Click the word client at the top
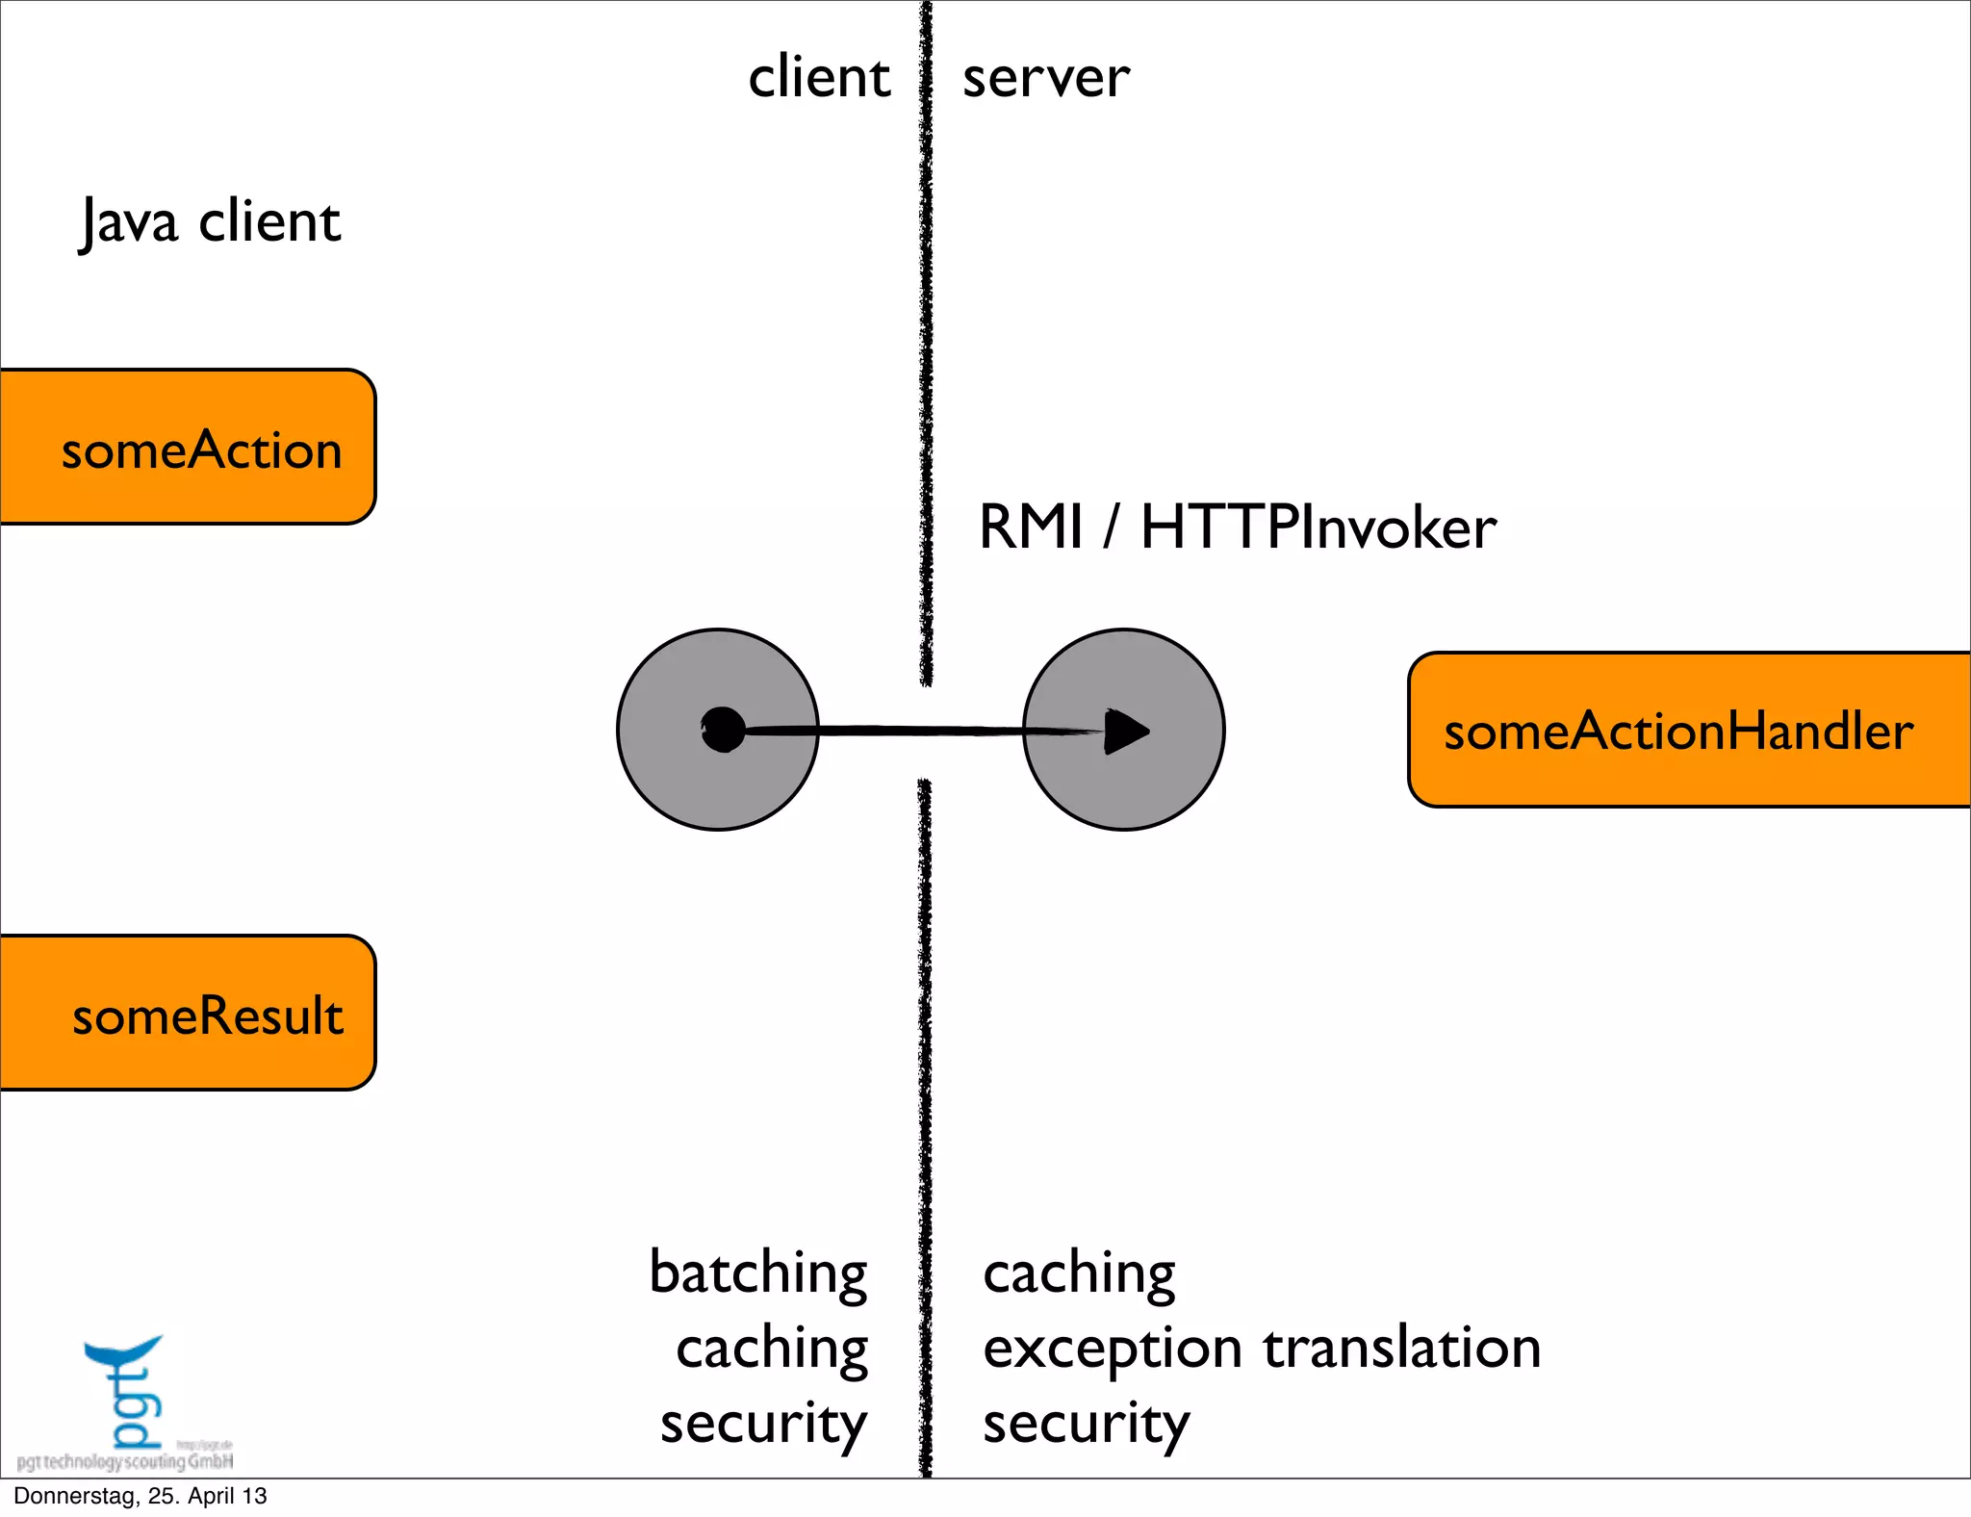point(819,77)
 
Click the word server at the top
point(1046,77)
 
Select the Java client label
point(210,221)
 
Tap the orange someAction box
point(188,448)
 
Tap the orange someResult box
point(188,1013)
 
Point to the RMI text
point(1031,527)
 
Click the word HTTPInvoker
point(1318,527)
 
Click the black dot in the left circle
point(723,730)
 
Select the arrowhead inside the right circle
point(1125,731)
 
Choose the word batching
point(758,1273)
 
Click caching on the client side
point(772,1348)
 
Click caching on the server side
point(1079,1273)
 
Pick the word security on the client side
point(763,1424)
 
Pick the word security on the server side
point(1086,1424)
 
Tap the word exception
point(1113,1348)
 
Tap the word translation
point(1402,1348)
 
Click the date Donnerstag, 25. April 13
point(141,1496)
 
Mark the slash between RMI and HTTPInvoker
point(1113,527)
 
